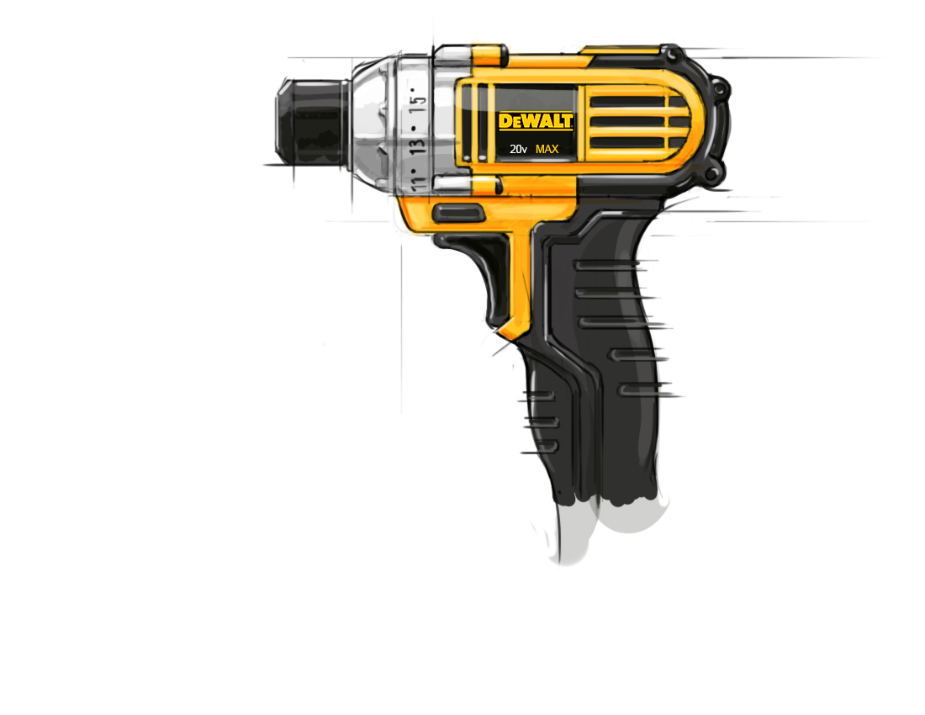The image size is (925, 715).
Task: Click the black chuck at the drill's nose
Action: pyautogui.click(x=311, y=124)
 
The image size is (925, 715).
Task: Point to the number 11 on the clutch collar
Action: pyautogui.click(x=417, y=177)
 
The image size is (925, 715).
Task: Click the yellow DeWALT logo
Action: pyautogui.click(x=536, y=121)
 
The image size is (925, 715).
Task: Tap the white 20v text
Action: pyautogui.click(x=518, y=149)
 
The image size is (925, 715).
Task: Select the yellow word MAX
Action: pyautogui.click(x=547, y=149)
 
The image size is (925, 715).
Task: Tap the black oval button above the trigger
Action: pyautogui.click(x=457, y=213)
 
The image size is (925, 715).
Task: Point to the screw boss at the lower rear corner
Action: pyautogui.click(x=713, y=175)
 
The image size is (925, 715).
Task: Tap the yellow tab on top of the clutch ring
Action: pyautogui.click(x=489, y=56)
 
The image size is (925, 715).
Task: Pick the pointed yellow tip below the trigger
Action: pyautogui.click(x=505, y=335)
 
